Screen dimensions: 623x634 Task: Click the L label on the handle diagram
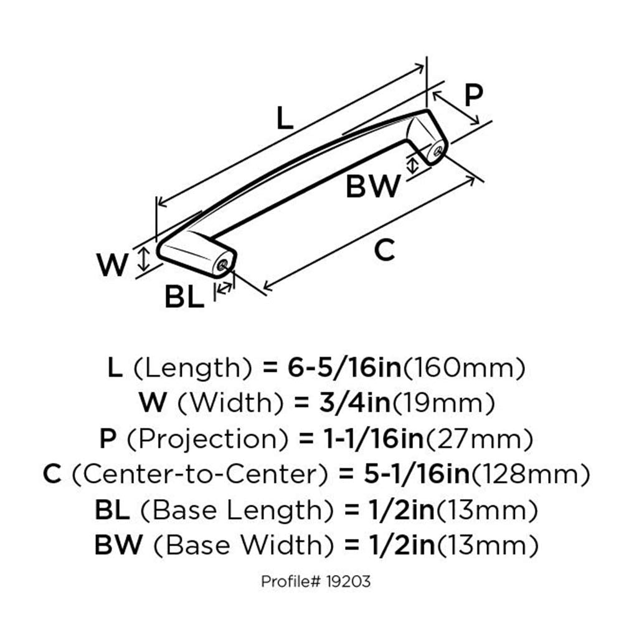click(x=284, y=118)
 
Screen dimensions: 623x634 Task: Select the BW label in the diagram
click(x=372, y=186)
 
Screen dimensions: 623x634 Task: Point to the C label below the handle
click(x=385, y=250)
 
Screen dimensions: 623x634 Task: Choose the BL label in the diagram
click(x=184, y=298)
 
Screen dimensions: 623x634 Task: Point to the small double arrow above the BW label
click(x=412, y=164)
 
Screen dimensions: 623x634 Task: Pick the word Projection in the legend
click(x=209, y=439)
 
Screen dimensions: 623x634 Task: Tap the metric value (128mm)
click(x=528, y=475)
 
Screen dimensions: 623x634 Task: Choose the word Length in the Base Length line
click(x=283, y=510)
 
